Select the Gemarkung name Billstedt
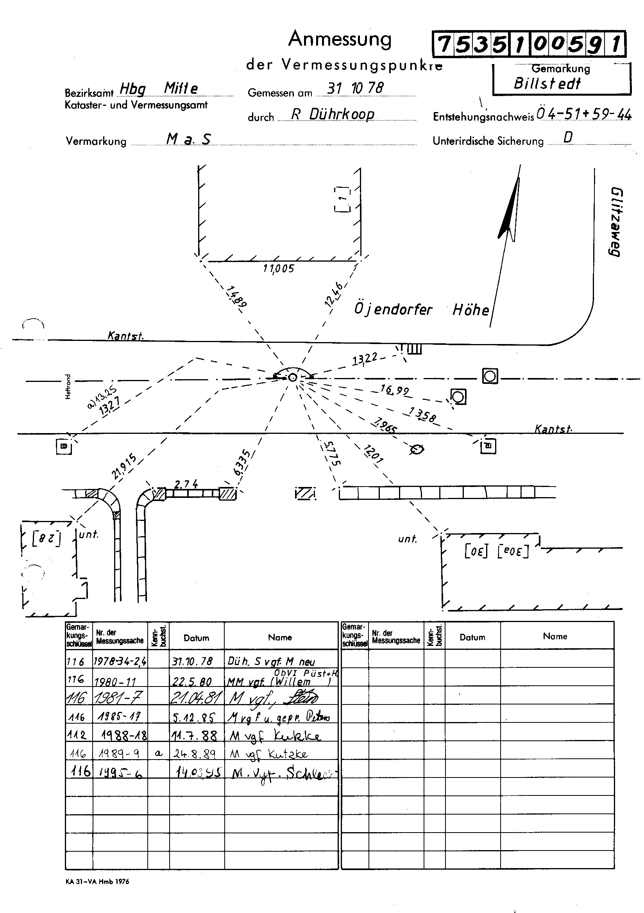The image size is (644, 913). click(547, 84)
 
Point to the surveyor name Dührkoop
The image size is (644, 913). click(342, 114)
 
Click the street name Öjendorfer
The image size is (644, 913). click(393, 309)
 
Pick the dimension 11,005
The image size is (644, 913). click(279, 269)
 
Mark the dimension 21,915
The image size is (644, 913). click(124, 466)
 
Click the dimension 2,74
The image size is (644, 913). click(186, 484)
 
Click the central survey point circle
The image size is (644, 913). click(293, 377)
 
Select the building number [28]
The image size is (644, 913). click(47, 539)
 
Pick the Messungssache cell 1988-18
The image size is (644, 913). click(124, 735)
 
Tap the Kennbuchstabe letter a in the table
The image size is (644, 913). click(158, 754)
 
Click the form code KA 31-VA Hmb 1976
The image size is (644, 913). click(98, 881)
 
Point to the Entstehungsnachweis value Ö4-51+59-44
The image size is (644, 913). click(583, 115)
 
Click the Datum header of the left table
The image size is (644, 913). click(196, 638)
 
